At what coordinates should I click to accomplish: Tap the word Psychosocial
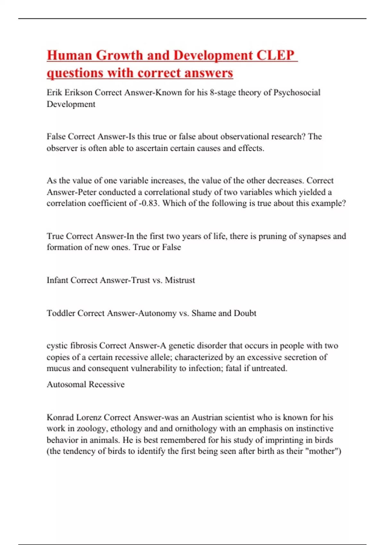pyautogui.click(x=297, y=93)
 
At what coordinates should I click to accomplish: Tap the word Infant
pyautogui.click(x=57, y=280)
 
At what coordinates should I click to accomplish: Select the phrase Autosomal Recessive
pyautogui.click(x=86, y=384)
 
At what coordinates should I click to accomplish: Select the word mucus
pyautogui.click(x=58, y=368)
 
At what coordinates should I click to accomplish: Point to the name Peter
pyautogui.click(x=85, y=192)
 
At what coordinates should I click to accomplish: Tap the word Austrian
pyautogui.click(x=207, y=417)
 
